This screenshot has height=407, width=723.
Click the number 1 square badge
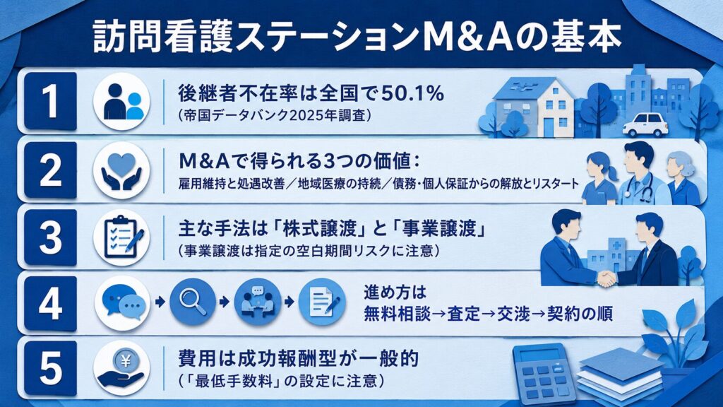point(50,101)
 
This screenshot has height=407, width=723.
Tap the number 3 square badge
point(50,237)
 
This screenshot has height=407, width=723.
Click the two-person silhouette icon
point(121,102)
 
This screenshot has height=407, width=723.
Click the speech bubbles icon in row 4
point(123,302)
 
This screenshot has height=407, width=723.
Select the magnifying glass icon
point(193,302)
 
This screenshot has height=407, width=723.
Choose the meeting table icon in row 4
point(258,302)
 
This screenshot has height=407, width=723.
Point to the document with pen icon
point(322,302)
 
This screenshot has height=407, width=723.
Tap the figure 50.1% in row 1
point(412,94)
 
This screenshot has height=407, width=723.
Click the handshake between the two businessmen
point(607,278)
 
